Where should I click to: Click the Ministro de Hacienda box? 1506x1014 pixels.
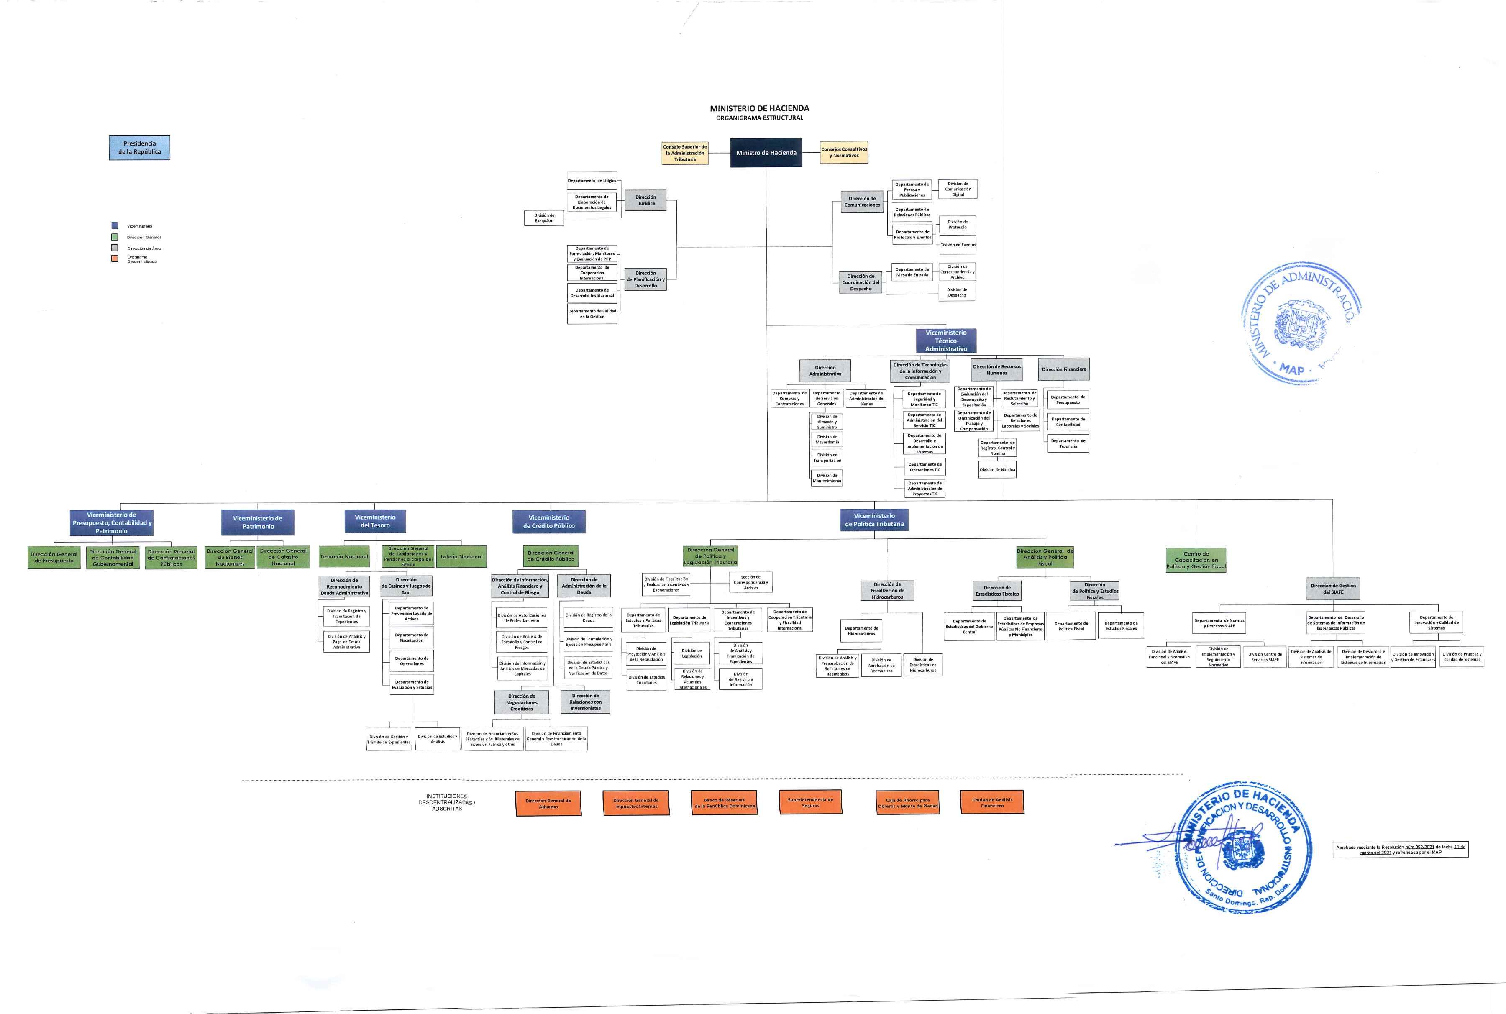[766, 153]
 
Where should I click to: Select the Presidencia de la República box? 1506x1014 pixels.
[140, 147]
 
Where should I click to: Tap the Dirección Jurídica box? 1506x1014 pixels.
[645, 200]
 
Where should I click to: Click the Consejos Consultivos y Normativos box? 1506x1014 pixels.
[844, 153]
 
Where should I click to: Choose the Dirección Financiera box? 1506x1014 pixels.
[1064, 369]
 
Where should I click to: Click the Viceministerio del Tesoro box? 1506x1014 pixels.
[375, 521]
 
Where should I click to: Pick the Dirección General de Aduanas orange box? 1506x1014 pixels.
[548, 803]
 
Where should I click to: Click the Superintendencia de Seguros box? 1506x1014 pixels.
[810, 802]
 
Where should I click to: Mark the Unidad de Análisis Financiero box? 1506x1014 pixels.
[992, 802]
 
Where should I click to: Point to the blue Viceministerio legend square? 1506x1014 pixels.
[115, 226]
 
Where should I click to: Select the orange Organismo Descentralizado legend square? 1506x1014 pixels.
[115, 259]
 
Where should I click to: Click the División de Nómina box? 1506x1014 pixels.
[997, 469]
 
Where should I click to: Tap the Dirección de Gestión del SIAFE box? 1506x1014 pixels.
[1333, 589]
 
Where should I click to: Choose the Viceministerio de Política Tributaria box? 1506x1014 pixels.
[874, 520]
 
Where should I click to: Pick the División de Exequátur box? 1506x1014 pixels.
[544, 218]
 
